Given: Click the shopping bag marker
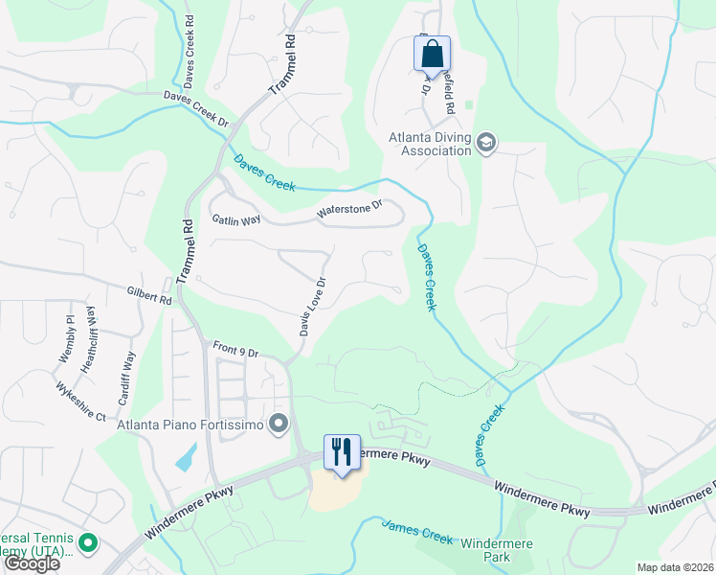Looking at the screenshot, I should point(432,53).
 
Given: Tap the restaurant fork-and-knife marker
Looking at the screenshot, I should point(343,451).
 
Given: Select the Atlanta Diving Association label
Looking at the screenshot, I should point(430,143).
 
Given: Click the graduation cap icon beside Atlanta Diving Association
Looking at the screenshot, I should point(486,143).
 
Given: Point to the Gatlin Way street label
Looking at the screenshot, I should point(236,219).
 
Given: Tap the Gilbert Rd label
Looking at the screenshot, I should point(148,293).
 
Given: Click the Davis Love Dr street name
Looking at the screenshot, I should point(312,307).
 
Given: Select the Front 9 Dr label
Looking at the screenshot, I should point(235,350).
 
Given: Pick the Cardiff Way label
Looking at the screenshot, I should point(128,365).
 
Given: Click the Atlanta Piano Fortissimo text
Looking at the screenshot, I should point(191,424).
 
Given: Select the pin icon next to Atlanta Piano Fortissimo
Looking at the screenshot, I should point(279,424).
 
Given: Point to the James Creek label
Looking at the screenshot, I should point(416,532).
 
